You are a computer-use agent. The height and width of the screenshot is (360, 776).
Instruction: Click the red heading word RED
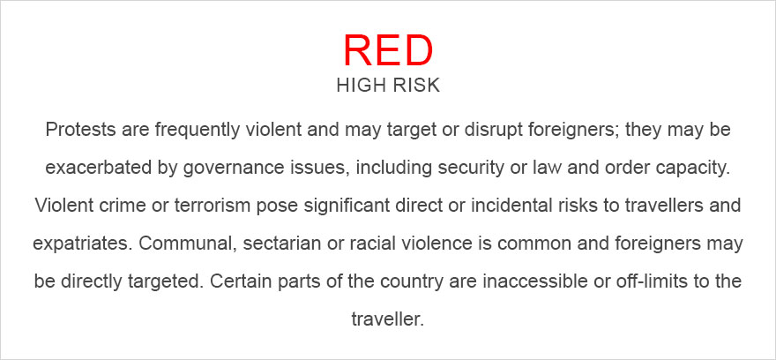[x=387, y=51]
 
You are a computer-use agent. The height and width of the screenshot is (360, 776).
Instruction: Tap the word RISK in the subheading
[x=414, y=86]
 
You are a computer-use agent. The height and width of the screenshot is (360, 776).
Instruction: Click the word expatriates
[x=74, y=243]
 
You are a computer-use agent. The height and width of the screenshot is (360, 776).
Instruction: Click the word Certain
[x=249, y=281]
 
